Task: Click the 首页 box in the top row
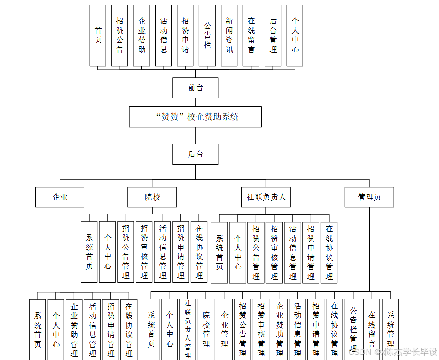[97, 35]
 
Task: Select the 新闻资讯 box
[229, 35]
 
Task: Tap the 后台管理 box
[273, 35]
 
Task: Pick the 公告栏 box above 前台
[207, 35]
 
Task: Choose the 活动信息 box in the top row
[163, 35]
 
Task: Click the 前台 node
[195, 87]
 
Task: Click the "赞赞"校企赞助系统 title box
[195, 117]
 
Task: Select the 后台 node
[195, 154]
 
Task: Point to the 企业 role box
[60, 197]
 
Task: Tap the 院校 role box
[152, 197]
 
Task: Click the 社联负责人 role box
[266, 197]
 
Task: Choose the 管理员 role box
[369, 197]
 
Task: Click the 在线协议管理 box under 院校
[199, 252]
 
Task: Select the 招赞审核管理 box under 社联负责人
[274, 252]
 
